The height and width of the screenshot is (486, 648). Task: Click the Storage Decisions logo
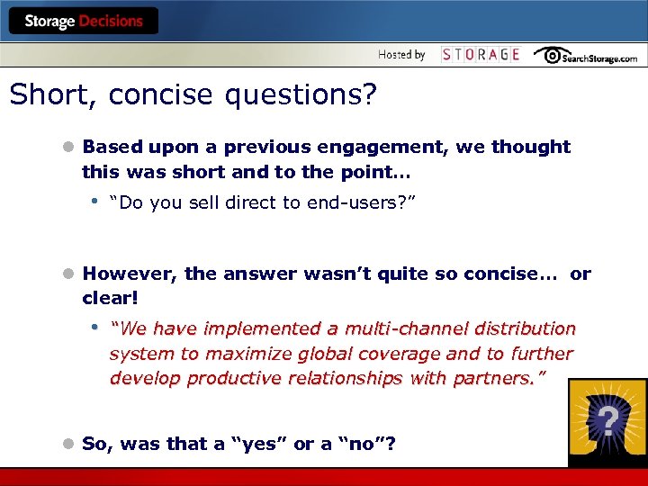(84, 21)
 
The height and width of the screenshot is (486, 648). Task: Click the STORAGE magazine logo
(481, 55)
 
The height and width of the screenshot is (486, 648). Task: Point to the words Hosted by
(401, 55)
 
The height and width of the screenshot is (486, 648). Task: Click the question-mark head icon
(607, 422)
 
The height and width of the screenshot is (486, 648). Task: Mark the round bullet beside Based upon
(67, 147)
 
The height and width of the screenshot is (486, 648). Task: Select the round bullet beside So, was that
(67, 444)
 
